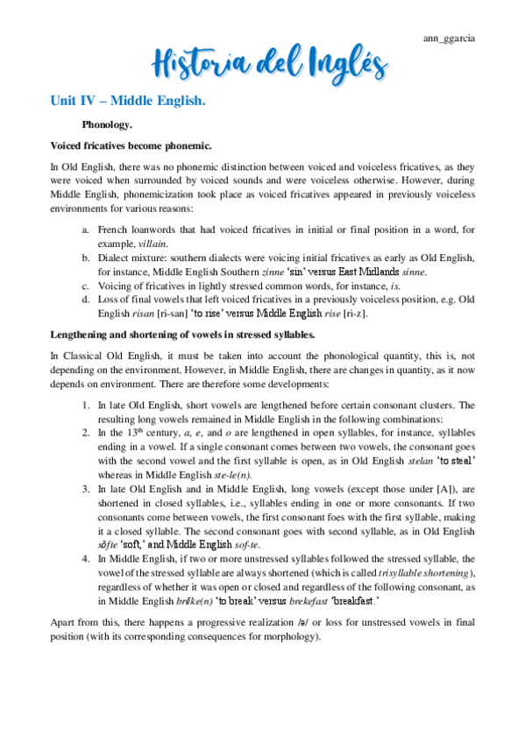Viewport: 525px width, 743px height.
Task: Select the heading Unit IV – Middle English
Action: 127,103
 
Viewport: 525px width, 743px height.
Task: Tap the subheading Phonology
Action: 106,125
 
